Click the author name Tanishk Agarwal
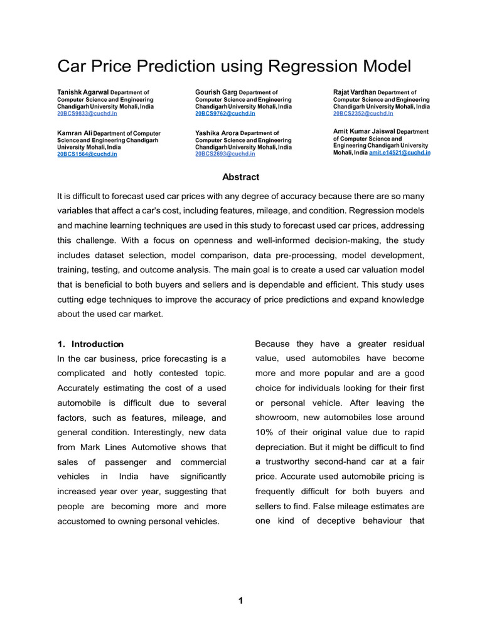coord(83,92)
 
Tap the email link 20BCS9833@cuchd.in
coord(87,114)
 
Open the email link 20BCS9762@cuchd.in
coord(225,114)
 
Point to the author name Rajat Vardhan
coord(354,92)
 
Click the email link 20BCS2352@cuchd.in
coord(363,114)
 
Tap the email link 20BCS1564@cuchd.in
coord(87,154)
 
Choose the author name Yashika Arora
coord(217,133)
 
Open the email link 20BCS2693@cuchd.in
coord(225,154)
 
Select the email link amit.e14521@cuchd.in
coord(400,153)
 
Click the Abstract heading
coord(240,177)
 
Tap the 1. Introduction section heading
coord(90,344)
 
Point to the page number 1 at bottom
coord(240,601)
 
